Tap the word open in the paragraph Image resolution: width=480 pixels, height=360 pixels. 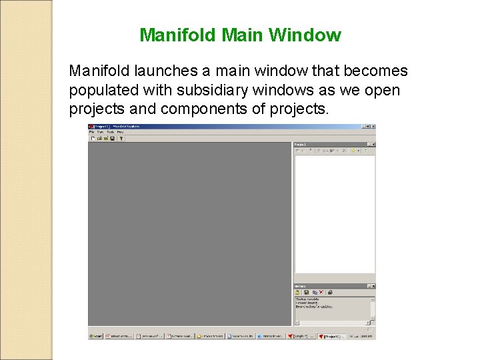click(x=383, y=90)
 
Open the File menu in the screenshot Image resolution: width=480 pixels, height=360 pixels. click(x=92, y=132)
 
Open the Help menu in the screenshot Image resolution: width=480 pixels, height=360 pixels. click(x=120, y=132)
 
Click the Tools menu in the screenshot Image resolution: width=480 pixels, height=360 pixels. click(x=110, y=132)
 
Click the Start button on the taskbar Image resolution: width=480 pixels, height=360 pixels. click(x=96, y=336)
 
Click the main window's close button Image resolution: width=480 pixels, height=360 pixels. click(x=373, y=126)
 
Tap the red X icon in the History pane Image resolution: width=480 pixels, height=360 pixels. click(x=321, y=292)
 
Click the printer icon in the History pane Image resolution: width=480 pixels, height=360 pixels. click(x=329, y=292)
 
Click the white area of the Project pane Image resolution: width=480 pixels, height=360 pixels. click(x=334, y=213)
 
